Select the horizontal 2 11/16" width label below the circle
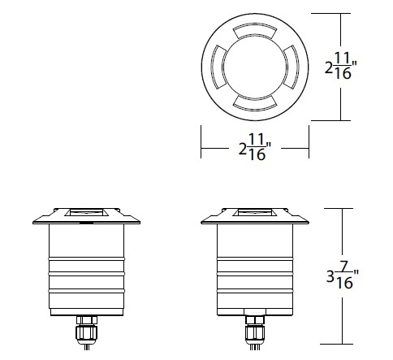(255, 150)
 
